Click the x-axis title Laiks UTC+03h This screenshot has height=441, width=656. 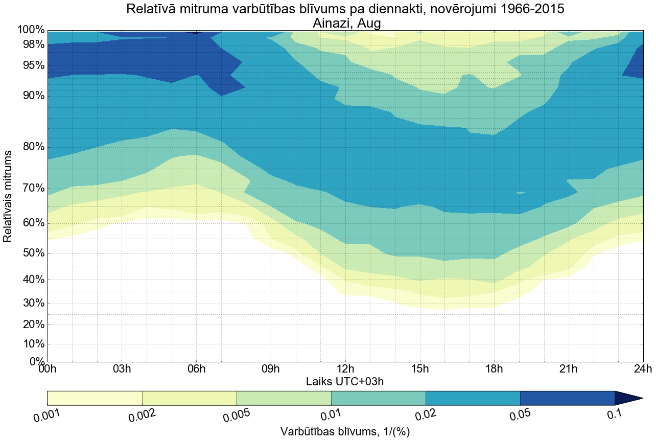345,381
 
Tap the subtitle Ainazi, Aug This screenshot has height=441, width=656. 345,23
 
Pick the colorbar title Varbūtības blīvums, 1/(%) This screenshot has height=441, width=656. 345,431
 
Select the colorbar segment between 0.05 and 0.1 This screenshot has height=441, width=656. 567,398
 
